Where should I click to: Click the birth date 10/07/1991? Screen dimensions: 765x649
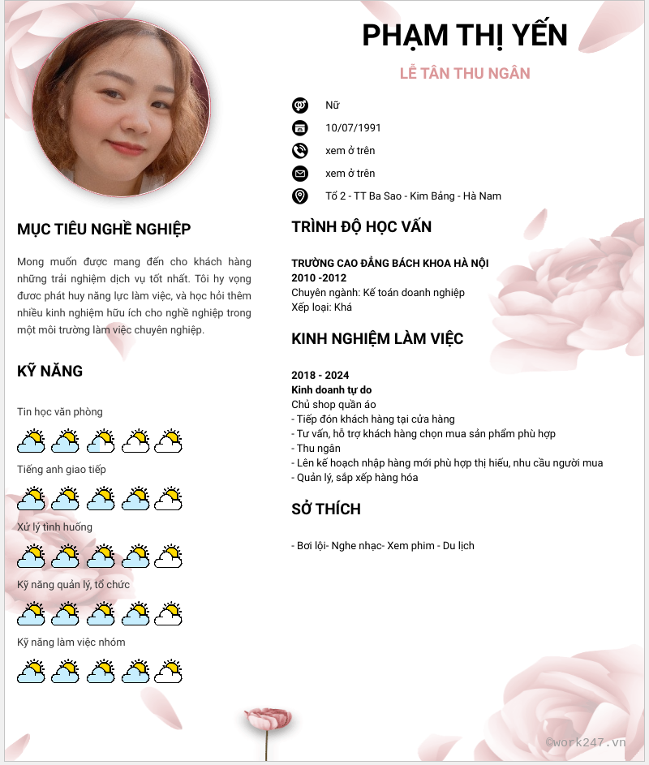(353, 127)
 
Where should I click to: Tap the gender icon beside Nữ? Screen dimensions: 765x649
(300, 105)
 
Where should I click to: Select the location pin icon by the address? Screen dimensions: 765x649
(300, 196)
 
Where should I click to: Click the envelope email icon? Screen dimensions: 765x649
(300, 173)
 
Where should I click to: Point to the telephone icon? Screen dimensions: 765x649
(300, 150)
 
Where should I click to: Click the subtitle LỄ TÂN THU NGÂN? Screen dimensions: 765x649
(465, 74)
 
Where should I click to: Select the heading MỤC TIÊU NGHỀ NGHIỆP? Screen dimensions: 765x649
(104, 230)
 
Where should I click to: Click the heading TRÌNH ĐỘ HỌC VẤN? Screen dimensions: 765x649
(361, 227)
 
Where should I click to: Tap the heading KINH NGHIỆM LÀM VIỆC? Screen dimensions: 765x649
(377, 339)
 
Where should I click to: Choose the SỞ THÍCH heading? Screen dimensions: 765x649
(326, 509)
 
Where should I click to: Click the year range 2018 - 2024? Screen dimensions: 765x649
(320, 376)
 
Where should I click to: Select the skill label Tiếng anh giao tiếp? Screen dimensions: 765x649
(62, 470)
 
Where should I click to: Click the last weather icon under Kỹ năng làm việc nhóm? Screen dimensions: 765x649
(169, 672)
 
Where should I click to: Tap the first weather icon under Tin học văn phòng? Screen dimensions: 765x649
(31, 441)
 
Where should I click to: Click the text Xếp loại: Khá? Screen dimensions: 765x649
(321, 307)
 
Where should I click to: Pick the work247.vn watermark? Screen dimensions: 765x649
(586, 741)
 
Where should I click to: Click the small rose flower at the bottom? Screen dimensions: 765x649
(268, 719)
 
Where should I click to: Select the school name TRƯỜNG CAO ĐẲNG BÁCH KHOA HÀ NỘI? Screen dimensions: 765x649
(390, 264)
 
